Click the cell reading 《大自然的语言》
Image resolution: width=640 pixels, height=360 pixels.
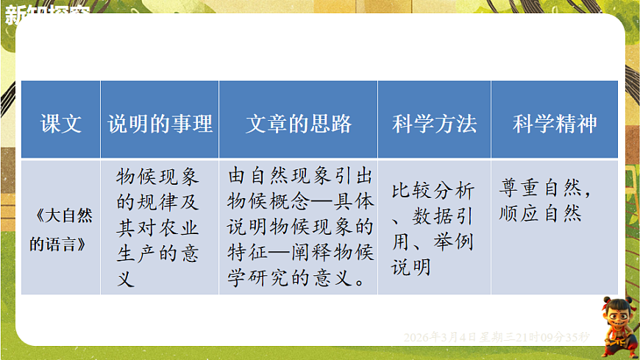point(60,230)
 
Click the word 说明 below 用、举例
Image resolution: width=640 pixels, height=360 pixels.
point(411,267)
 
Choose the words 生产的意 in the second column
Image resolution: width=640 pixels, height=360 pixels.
point(157,253)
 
